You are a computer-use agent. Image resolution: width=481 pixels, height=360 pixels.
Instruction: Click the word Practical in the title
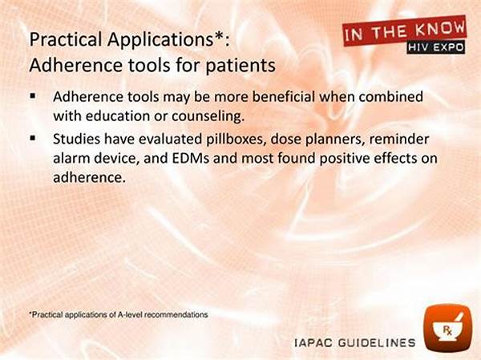pos(66,39)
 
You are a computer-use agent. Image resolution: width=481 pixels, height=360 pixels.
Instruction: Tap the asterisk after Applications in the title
pos(219,35)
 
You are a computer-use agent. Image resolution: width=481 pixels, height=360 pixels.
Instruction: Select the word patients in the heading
pos(240,66)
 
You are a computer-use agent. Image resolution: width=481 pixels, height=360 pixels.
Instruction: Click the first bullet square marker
pos(33,96)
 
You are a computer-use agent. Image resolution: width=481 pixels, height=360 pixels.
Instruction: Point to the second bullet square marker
pos(33,139)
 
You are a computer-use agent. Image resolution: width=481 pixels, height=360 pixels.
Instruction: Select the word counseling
pos(208,116)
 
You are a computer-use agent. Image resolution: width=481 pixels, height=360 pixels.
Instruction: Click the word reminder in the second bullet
pos(398,140)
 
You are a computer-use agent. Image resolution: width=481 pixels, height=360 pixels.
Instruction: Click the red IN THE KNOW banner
pos(405,30)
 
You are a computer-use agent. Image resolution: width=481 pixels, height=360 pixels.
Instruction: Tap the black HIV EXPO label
pos(436,47)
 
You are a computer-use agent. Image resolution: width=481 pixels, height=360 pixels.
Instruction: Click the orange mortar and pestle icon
pos(448,327)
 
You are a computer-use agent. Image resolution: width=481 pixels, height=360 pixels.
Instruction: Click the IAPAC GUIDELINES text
pos(355,343)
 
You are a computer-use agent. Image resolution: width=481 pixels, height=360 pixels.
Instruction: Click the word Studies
pos(76,140)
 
